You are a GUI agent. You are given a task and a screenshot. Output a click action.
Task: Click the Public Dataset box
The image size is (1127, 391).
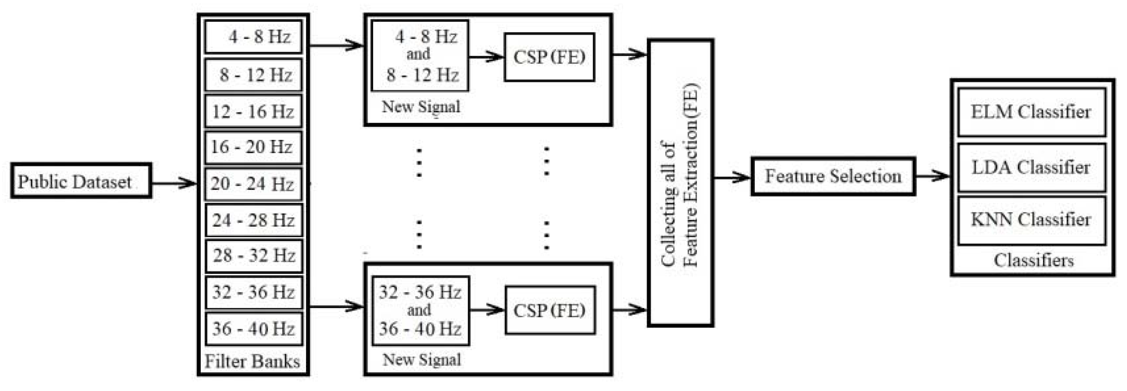tap(81, 181)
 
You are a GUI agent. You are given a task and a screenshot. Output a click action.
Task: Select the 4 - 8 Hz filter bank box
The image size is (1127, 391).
tap(253, 37)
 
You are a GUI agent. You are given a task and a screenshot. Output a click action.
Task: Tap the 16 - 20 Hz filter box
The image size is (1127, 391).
tap(253, 147)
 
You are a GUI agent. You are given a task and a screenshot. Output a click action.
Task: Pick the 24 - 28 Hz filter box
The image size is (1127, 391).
tap(253, 220)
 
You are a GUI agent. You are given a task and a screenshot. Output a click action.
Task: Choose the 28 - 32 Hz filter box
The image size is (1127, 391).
tap(253, 256)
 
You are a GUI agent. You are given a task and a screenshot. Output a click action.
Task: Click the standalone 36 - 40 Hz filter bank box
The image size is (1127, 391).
tap(253, 329)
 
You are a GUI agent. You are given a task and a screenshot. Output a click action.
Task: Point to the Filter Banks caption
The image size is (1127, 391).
tap(252, 361)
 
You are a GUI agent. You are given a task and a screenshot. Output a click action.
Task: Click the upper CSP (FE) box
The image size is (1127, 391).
tap(549, 57)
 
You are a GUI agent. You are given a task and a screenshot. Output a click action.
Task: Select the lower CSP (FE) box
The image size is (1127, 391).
tap(550, 310)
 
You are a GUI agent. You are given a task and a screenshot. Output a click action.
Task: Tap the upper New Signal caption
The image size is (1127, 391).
tap(421, 107)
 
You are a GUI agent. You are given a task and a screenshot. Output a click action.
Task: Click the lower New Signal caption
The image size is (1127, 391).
tap(422, 359)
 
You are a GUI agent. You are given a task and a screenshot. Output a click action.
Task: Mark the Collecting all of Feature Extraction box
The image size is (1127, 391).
tap(680, 183)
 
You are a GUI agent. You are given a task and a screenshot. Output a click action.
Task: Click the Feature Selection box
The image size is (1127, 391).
tap(833, 176)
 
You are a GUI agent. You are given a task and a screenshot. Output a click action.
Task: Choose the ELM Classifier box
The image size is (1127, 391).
tap(1031, 112)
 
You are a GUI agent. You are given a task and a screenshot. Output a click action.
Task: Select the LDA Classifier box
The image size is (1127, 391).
tap(1031, 167)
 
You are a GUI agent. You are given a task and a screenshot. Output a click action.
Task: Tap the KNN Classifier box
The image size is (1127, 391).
tap(1031, 220)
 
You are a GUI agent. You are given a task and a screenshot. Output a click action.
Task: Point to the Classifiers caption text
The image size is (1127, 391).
tap(1033, 260)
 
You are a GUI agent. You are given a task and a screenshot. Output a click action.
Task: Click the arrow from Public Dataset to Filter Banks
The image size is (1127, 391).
tap(174, 183)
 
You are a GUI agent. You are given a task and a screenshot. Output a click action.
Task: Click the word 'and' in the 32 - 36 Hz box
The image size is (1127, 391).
tap(418, 310)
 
